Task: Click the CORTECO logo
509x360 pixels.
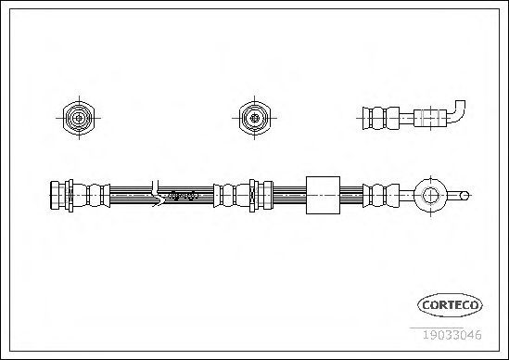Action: [450, 305]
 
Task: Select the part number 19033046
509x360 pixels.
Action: [452, 335]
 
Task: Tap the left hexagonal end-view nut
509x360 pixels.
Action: [79, 118]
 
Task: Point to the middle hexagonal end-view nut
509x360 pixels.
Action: [254, 118]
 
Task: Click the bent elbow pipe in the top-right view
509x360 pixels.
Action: [458, 112]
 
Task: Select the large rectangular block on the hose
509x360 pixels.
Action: [323, 195]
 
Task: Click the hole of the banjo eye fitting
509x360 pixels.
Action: [430, 196]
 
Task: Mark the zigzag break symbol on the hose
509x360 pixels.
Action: [157, 194]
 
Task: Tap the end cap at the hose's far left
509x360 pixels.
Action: [55, 195]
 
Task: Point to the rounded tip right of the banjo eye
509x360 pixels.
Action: [464, 196]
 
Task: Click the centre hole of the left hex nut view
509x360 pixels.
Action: [79, 118]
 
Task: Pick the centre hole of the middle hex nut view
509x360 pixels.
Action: [254, 118]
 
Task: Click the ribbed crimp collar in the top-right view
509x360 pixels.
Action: [381, 118]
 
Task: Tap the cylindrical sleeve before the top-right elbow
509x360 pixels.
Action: [430, 118]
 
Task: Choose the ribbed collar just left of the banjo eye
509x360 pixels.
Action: [381, 196]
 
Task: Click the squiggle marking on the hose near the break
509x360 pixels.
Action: [185, 196]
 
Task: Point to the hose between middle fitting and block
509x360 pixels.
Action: [289, 195]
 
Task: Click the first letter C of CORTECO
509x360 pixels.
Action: [426, 305]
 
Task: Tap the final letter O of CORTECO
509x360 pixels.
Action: [474, 305]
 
